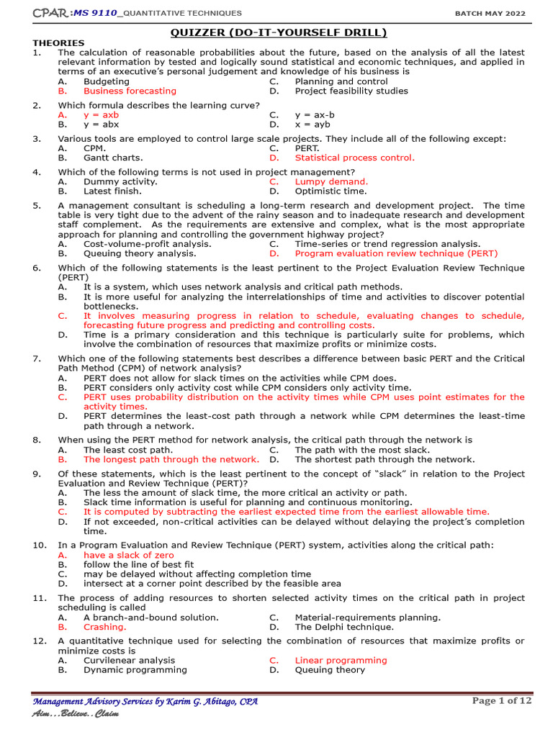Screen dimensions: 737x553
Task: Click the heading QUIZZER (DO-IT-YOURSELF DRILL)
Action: click(x=278, y=32)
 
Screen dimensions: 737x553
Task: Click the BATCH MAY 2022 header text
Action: click(x=490, y=13)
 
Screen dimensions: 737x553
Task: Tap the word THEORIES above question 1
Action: click(x=58, y=43)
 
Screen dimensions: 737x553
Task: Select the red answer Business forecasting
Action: click(x=130, y=91)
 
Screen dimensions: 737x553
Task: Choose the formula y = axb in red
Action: click(x=101, y=115)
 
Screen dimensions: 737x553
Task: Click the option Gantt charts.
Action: click(x=113, y=158)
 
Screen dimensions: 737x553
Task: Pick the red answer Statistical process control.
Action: click(x=354, y=158)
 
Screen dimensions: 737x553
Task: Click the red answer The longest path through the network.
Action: click(x=171, y=459)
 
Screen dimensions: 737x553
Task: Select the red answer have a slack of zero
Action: click(x=128, y=555)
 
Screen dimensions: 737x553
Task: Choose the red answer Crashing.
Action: click(x=104, y=627)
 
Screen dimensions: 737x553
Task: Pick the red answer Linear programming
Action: click(x=341, y=660)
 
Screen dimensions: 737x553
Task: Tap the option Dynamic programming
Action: click(x=135, y=669)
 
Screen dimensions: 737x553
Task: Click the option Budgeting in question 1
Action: click(x=107, y=81)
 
